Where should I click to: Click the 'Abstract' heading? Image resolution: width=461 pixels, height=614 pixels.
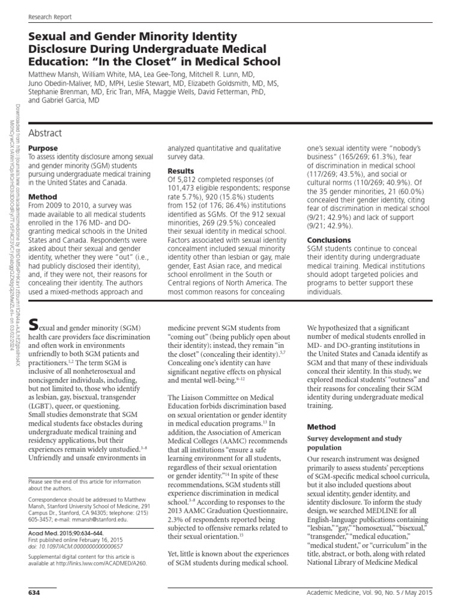46,133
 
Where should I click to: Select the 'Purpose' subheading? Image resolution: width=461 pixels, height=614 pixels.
44,148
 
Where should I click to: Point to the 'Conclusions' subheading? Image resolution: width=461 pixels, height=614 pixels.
329,240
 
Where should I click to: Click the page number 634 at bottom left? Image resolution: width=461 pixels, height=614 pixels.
34,592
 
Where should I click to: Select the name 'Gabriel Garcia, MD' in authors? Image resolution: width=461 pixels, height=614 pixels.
85,101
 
